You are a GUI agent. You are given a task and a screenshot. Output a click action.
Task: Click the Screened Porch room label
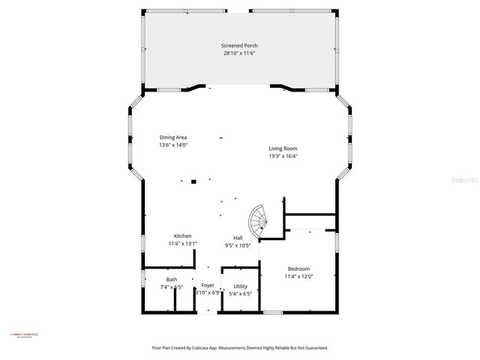tap(239, 46)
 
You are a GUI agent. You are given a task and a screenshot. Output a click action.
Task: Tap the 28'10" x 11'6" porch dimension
tap(239, 53)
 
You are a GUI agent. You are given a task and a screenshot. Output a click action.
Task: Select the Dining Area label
tap(172, 137)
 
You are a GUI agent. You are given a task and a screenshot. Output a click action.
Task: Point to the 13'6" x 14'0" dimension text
tap(172, 145)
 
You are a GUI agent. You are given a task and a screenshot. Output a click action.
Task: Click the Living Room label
tap(283, 148)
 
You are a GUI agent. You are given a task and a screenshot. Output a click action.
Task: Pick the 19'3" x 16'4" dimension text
tap(283, 156)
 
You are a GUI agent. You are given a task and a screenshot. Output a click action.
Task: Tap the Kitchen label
tap(183, 235)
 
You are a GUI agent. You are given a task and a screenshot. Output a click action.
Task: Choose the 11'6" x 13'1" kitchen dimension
tap(183, 243)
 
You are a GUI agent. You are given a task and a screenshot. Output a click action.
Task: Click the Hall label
tap(237, 238)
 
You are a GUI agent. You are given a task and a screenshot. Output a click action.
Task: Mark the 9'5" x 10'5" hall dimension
tap(237, 245)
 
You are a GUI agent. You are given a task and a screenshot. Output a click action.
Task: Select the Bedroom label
tap(298, 268)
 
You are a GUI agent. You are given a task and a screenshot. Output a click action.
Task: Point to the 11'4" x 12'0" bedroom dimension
tap(298, 276)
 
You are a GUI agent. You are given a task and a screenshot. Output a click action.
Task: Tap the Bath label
tap(172, 280)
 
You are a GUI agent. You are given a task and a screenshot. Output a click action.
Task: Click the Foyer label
tap(208, 285)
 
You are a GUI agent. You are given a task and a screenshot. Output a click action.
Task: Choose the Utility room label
tap(240, 286)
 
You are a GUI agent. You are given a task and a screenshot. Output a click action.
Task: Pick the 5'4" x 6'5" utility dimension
tap(240, 293)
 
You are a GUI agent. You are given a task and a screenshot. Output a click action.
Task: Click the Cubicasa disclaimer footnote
tap(240, 347)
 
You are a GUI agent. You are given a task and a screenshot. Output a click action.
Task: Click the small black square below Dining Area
tap(193, 181)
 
